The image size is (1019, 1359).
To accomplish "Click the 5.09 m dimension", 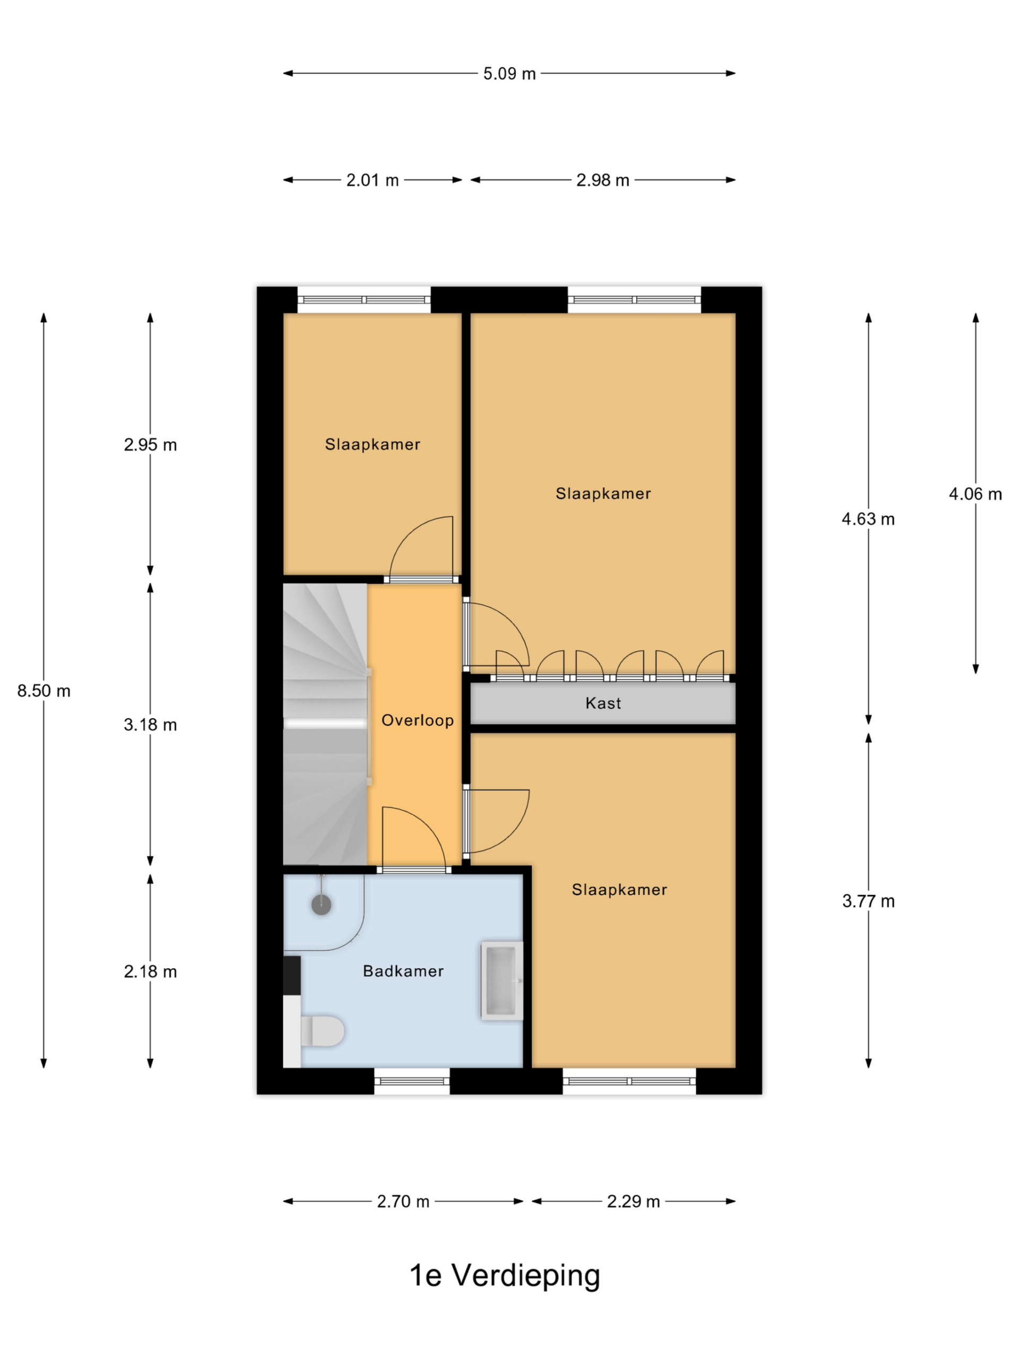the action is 509,74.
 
